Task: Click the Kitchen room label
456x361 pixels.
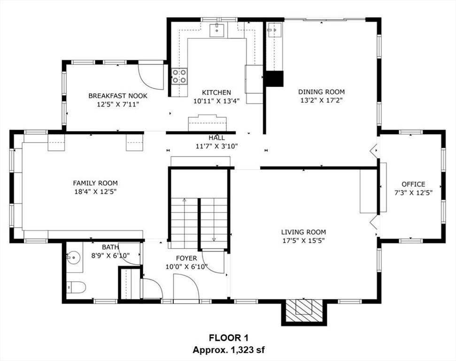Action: [216, 93]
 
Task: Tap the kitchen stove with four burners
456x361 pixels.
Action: [179, 76]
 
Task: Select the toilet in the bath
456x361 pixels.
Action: [76, 287]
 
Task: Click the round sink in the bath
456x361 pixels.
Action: [75, 258]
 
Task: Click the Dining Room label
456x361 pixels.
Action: [321, 92]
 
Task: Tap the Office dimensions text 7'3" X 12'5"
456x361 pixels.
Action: [413, 193]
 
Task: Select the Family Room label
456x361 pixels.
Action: [95, 183]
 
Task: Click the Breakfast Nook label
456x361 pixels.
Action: [118, 96]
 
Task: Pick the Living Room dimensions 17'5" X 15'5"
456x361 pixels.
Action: [303, 241]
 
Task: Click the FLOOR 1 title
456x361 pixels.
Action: [229, 338]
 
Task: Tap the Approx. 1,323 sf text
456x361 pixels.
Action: [229, 350]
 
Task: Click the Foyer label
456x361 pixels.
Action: [186, 258]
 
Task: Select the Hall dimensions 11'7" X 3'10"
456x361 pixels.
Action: [216, 146]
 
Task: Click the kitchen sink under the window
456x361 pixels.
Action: [216, 30]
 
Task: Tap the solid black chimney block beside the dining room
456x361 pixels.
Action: [274, 78]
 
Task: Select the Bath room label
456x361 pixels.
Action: [110, 247]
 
